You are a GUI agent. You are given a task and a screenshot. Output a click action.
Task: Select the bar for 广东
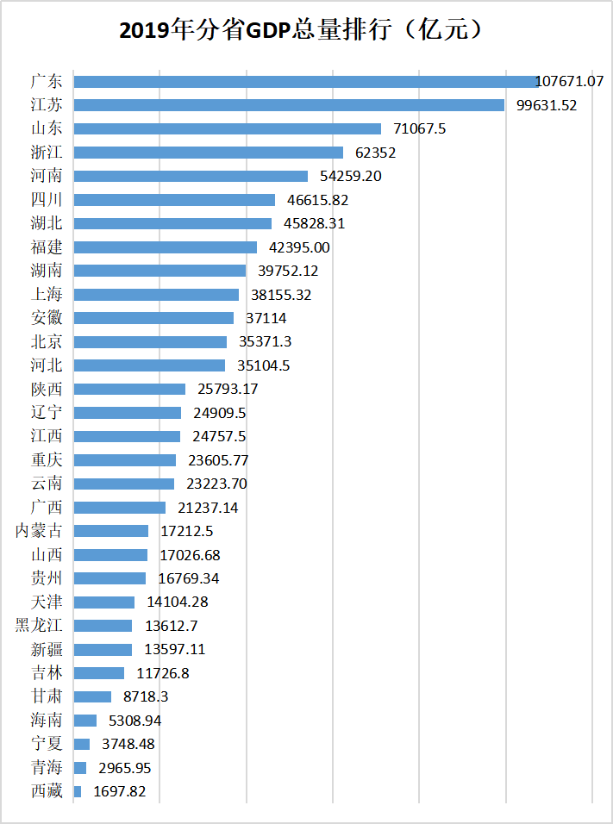(306, 82)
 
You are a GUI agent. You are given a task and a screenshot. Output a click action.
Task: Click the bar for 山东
(227, 128)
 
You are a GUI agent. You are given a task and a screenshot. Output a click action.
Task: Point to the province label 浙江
(46, 153)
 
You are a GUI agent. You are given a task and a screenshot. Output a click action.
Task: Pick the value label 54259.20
(349, 176)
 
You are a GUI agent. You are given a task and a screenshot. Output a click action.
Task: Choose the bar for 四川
(174, 200)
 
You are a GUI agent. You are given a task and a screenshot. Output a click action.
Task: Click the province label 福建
(46, 247)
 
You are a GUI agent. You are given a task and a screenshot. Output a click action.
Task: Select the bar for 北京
(150, 342)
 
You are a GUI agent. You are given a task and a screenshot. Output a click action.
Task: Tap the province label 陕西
(46, 389)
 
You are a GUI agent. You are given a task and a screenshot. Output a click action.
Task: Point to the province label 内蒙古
(39, 531)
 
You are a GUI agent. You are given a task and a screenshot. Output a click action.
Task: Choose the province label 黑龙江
(39, 626)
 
